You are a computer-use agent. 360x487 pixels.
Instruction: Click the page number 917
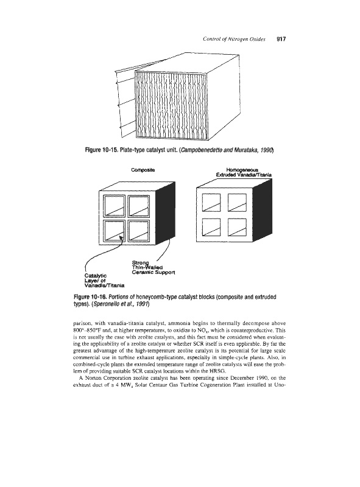click(x=281, y=39)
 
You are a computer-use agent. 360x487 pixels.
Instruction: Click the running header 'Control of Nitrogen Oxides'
click(x=234, y=39)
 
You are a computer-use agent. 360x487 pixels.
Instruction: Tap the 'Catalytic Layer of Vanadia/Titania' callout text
click(x=105, y=281)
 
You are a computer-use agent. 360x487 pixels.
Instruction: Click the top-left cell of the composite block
click(x=114, y=206)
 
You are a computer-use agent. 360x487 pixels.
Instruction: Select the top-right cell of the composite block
click(x=139, y=206)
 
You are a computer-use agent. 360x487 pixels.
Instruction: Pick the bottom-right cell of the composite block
click(x=139, y=231)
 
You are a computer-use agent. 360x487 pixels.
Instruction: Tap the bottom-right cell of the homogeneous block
click(x=237, y=228)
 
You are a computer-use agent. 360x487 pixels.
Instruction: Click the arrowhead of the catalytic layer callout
click(x=121, y=238)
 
